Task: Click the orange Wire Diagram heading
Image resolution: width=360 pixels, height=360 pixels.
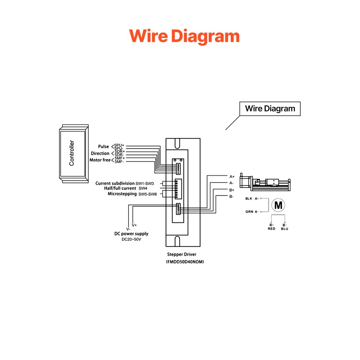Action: tap(184, 36)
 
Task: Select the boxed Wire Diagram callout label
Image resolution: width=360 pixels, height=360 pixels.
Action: tap(270, 108)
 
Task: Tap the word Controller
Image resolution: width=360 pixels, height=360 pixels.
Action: tap(72, 153)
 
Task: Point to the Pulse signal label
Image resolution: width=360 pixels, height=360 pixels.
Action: tap(103, 147)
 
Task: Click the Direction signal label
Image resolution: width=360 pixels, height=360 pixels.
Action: tap(100, 153)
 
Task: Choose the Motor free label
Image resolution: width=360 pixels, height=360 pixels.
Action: tap(100, 160)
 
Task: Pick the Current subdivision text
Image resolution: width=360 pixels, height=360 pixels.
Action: tap(115, 183)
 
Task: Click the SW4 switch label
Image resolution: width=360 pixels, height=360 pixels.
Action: tap(143, 188)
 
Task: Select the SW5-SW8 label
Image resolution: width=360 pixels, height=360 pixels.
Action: tap(148, 194)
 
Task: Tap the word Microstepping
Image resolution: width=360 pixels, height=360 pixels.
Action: tap(122, 194)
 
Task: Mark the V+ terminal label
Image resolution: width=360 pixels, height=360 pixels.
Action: tap(134, 225)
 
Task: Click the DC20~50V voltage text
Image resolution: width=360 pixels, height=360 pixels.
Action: tap(131, 239)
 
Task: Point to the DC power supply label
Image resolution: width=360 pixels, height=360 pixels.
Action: tap(131, 234)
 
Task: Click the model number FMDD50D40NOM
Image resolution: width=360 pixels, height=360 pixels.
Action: tap(185, 262)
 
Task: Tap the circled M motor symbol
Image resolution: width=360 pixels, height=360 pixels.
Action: tap(278, 205)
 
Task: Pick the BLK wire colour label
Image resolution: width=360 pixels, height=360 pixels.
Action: tap(249, 198)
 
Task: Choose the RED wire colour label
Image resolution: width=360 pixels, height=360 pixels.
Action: tap(271, 229)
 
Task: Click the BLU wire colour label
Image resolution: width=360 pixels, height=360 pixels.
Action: tap(284, 229)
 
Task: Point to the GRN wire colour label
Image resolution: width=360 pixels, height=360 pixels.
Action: tap(249, 212)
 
